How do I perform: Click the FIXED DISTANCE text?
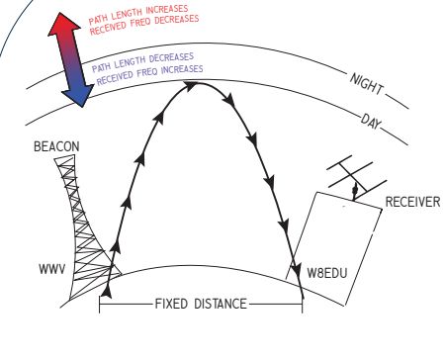click(200, 304)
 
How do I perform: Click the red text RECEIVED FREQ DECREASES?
click(145, 26)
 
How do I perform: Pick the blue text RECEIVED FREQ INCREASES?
click(148, 73)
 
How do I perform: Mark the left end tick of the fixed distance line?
click(100, 303)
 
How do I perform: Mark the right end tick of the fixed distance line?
click(302, 303)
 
